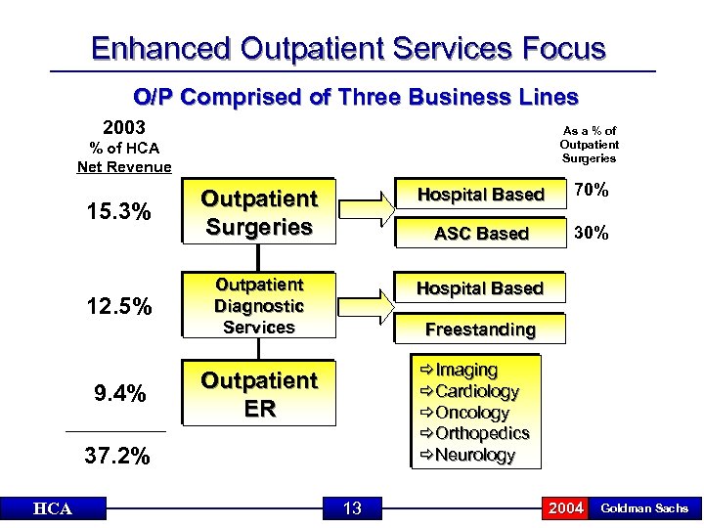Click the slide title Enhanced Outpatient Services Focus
click(x=348, y=48)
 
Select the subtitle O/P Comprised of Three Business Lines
click(x=355, y=97)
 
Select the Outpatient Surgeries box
click(x=258, y=213)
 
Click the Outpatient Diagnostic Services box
click(x=258, y=306)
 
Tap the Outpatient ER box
click(x=258, y=394)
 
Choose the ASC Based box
click(x=481, y=233)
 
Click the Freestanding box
click(x=481, y=330)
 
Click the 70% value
click(x=592, y=191)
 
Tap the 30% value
click(x=592, y=233)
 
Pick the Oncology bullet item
click(x=472, y=413)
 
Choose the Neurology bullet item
click(x=474, y=455)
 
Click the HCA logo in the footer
click(x=53, y=508)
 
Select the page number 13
click(x=352, y=508)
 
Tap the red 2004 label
click(x=566, y=508)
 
